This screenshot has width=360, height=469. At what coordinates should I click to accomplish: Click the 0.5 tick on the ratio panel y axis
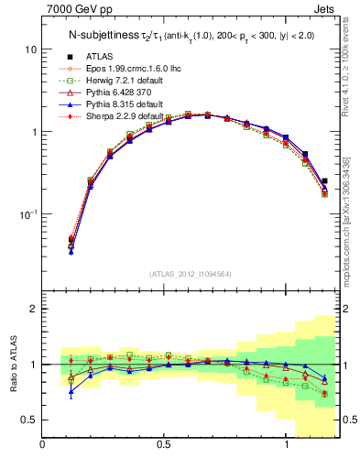(29, 420)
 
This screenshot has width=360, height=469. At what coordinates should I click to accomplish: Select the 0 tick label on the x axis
(43, 444)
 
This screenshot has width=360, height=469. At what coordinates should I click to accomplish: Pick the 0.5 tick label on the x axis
(163, 444)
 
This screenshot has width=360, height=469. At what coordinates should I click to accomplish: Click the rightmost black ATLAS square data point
(325, 181)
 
